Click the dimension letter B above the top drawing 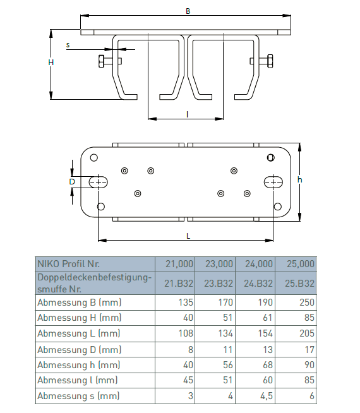[x=188, y=11]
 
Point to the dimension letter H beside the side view [x=51, y=63]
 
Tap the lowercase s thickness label [x=68, y=45]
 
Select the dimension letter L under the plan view [x=188, y=236]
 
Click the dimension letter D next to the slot [x=72, y=182]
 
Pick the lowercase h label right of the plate [x=300, y=179]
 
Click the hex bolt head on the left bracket [x=102, y=61]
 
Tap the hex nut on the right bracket [x=270, y=61]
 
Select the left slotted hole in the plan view [x=99, y=182]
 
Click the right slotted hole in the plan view [x=273, y=182]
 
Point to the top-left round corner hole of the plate [x=93, y=158]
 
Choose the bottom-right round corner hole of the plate [x=277, y=206]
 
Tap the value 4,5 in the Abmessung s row [x=267, y=396]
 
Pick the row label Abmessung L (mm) [x=79, y=333]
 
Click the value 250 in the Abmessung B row [x=307, y=302]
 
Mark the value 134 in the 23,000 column [x=225, y=333]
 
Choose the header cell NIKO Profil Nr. [x=68, y=264]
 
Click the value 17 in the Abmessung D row [x=309, y=350]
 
